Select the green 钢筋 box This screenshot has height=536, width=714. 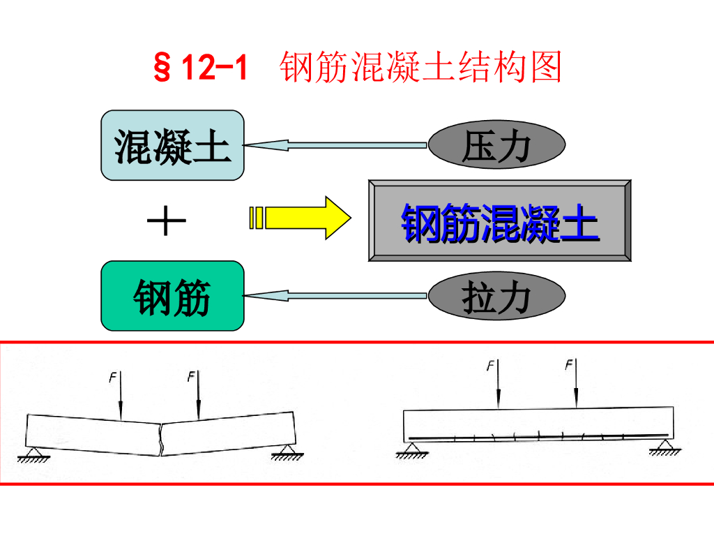click(173, 296)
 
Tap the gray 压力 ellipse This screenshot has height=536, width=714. click(496, 145)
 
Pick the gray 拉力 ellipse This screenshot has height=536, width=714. click(496, 296)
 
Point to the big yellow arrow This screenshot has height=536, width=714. click(300, 217)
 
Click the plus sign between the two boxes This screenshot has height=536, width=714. click(166, 223)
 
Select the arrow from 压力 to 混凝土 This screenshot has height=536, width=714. click(335, 145)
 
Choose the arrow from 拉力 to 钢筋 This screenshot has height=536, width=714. click(335, 296)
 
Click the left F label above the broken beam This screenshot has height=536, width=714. click(112, 378)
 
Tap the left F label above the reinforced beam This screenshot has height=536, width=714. click(490, 364)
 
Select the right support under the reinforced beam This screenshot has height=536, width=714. click(662, 446)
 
